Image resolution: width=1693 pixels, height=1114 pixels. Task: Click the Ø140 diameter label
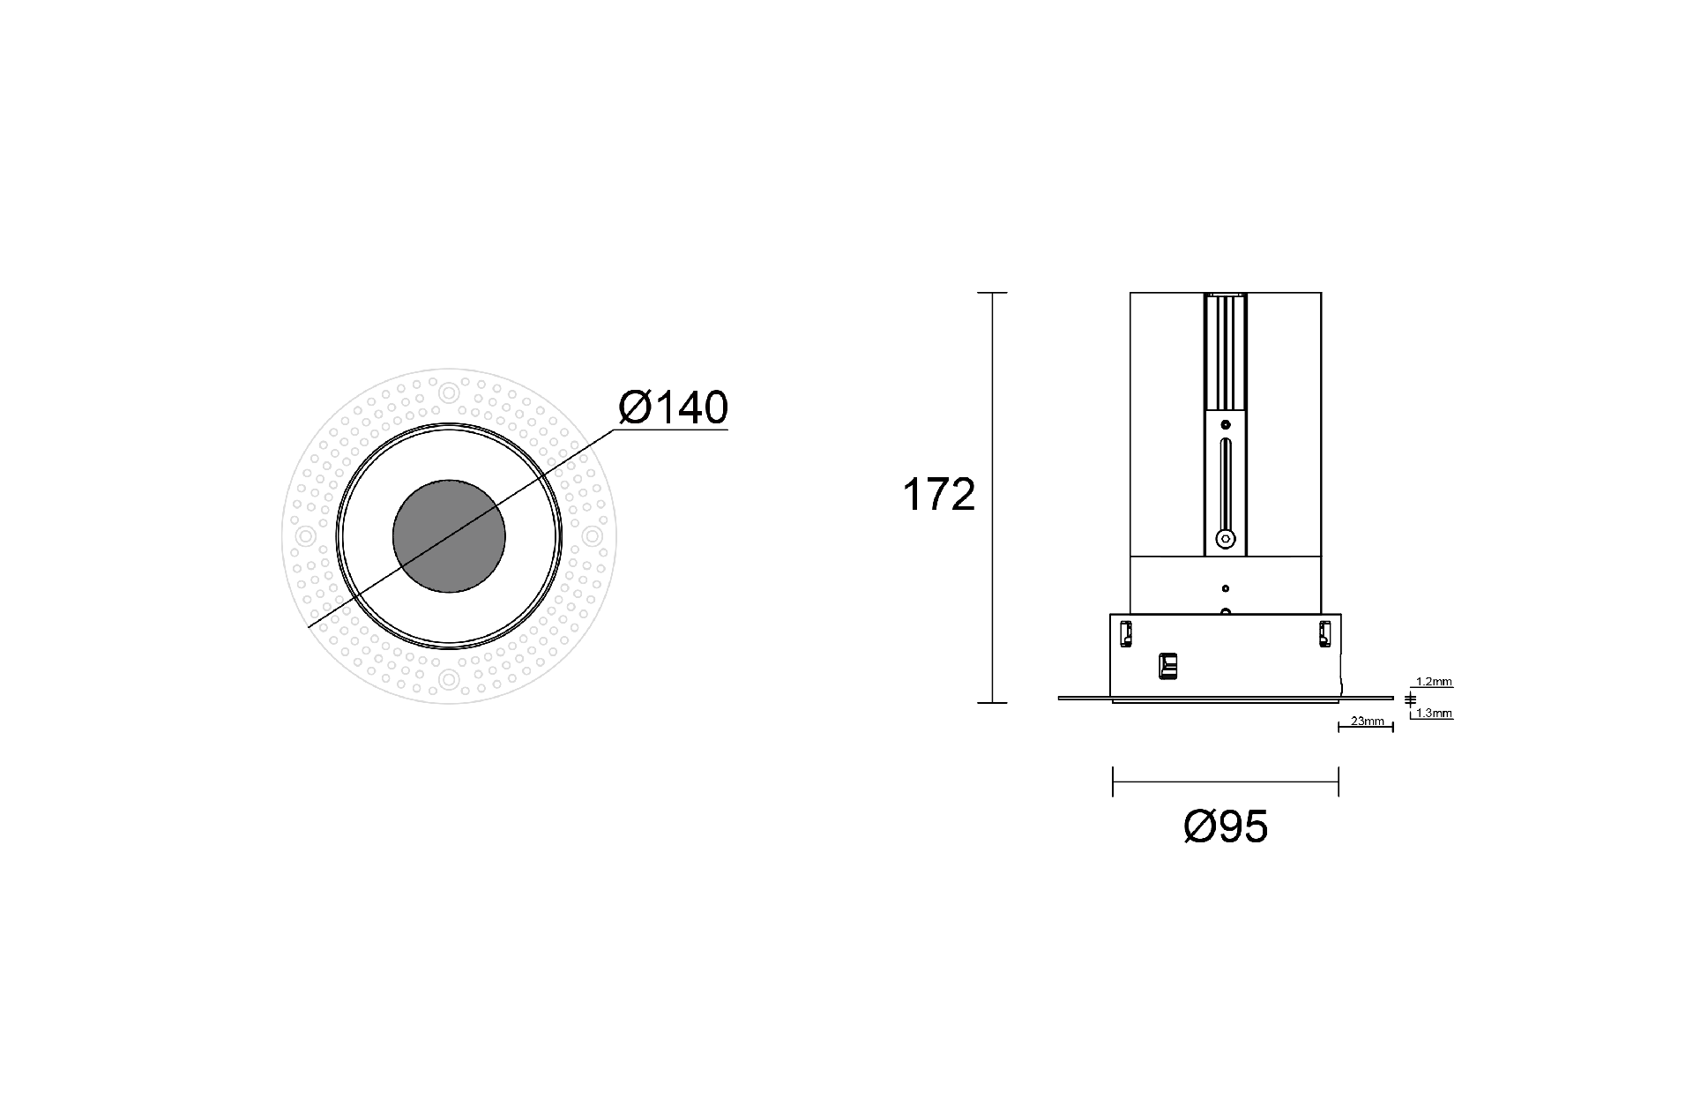click(x=674, y=407)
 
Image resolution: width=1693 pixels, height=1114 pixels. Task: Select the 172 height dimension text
click(x=938, y=495)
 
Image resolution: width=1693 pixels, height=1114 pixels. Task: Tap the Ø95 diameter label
click(x=1226, y=826)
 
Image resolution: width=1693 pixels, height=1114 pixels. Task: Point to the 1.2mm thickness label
click(x=1434, y=682)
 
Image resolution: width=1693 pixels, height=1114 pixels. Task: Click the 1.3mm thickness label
click(x=1434, y=713)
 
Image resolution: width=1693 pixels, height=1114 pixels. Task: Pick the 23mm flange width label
click(x=1367, y=721)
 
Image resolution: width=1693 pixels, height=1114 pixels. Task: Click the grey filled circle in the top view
click(x=449, y=535)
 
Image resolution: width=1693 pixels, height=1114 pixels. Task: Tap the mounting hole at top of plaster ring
click(x=449, y=393)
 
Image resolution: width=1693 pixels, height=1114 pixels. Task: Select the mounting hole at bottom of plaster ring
click(x=449, y=678)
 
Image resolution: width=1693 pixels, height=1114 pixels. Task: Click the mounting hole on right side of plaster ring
click(x=593, y=535)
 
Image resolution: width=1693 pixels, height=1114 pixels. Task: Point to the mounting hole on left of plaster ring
click(x=306, y=535)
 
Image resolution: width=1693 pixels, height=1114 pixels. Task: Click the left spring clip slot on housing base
click(x=1126, y=633)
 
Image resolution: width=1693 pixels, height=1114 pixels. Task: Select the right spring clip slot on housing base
click(x=1324, y=633)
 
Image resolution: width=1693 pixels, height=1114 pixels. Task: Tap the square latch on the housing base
click(x=1167, y=666)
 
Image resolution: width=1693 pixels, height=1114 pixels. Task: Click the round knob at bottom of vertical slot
click(x=1224, y=538)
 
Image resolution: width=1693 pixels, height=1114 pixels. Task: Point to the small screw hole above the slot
click(x=1225, y=424)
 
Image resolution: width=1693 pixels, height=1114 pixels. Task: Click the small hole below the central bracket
click(x=1225, y=588)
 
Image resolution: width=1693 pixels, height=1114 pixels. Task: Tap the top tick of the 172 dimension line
click(x=993, y=293)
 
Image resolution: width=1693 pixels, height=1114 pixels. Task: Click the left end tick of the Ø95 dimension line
click(x=1113, y=781)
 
